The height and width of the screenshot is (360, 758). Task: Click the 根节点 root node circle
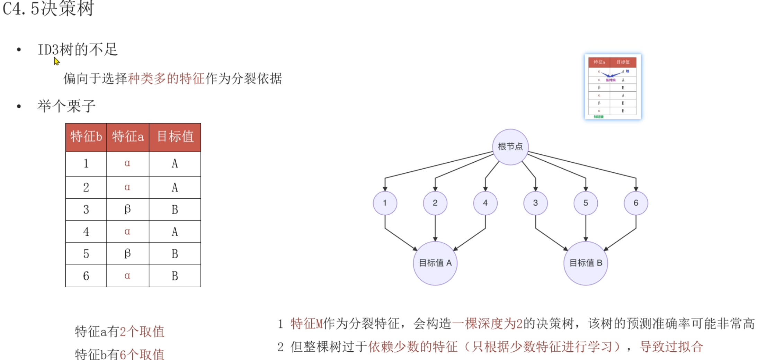pos(510,147)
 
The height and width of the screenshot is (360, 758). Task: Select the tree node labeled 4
pos(485,203)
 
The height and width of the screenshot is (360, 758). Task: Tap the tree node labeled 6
pos(636,203)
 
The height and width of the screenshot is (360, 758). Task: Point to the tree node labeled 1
pos(385,203)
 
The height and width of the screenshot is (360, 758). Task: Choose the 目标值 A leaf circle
pos(435,263)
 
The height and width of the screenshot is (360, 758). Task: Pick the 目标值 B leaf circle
pos(586,263)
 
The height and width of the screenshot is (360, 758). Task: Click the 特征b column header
pos(86,137)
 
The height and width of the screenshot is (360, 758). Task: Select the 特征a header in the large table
pos(128,137)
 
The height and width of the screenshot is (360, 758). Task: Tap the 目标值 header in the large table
pos(175,137)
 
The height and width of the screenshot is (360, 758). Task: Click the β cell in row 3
pos(127,209)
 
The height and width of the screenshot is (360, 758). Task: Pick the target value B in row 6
pos(175,276)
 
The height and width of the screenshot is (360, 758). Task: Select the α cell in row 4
pos(127,231)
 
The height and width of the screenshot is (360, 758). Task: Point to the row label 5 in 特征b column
pos(86,254)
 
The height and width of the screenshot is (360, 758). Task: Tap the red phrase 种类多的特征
pos(166,79)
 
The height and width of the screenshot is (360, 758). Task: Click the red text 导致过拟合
pos(671,346)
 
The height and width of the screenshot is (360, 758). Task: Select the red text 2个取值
pos(142,332)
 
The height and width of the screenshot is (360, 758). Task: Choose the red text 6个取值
pos(142,354)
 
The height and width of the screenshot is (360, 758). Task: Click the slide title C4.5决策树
pos(48,8)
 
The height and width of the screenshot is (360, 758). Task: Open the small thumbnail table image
pos(613,87)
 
